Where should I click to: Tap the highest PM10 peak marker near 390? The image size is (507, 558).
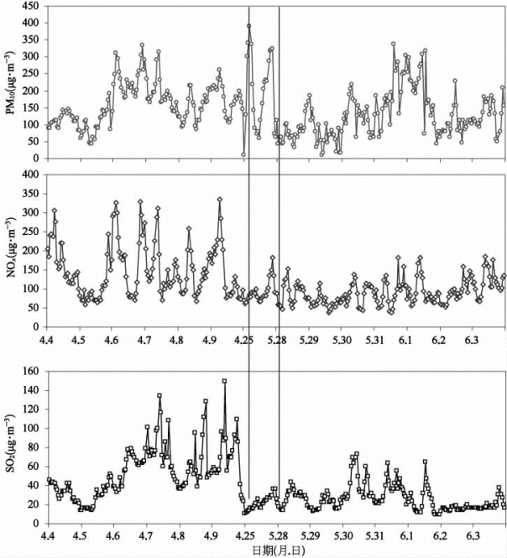249,26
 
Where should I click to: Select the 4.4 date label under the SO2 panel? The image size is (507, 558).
47,534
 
